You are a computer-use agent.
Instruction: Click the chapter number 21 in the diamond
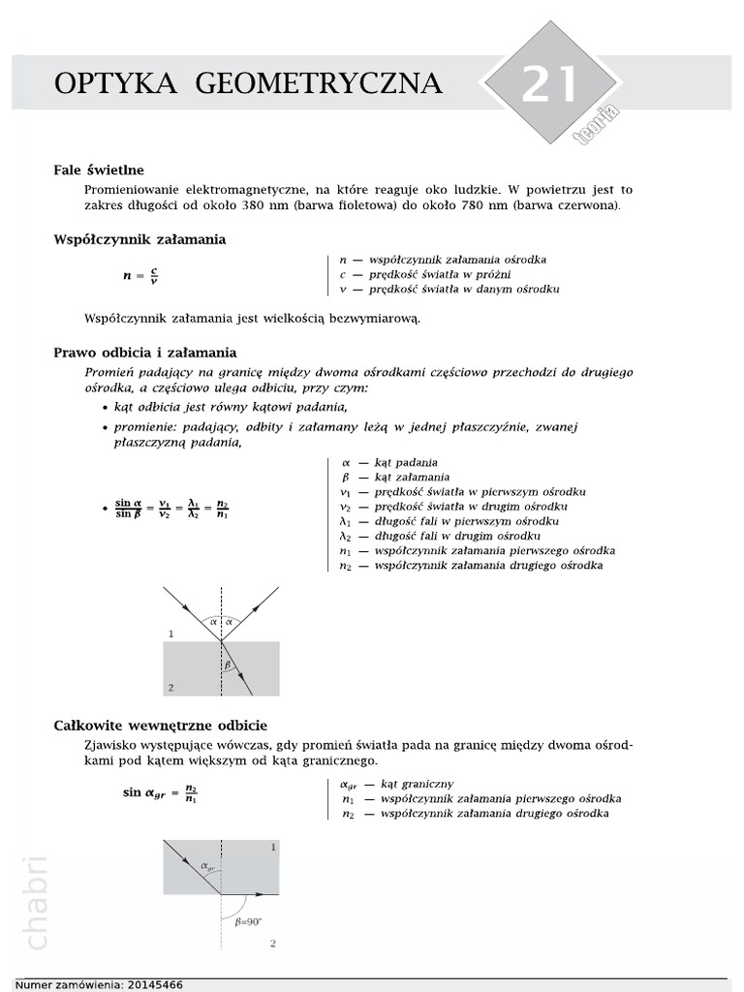[549, 84]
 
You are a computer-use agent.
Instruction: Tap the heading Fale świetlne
[98, 170]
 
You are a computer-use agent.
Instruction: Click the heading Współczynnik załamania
[139, 239]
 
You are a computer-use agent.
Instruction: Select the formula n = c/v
[139, 275]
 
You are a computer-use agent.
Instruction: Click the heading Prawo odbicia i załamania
[145, 353]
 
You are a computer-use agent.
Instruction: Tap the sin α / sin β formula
[171, 509]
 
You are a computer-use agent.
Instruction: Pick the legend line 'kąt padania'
[397, 463]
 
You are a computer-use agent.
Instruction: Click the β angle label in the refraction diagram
[229, 666]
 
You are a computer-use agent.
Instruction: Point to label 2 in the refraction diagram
[170, 687]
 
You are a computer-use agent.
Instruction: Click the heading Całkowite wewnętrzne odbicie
[161, 725]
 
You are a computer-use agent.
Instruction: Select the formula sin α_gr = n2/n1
[160, 792]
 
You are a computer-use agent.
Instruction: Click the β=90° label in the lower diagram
[250, 923]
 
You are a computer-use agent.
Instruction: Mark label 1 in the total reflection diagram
[274, 847]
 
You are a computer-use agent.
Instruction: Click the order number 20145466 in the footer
[154, 984]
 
